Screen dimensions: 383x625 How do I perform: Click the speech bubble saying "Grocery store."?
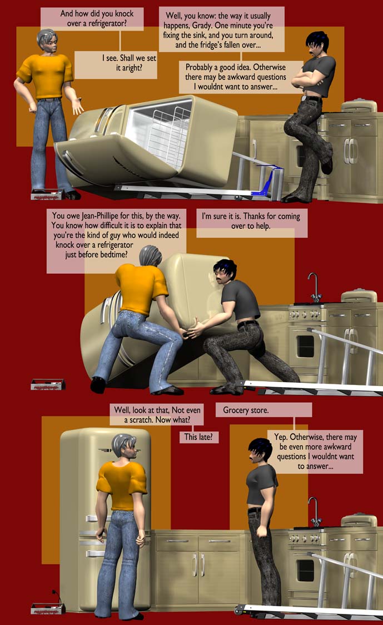(263, 410)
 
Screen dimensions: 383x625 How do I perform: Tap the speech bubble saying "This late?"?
(198, 437)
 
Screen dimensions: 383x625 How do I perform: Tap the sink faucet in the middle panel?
(315, 288)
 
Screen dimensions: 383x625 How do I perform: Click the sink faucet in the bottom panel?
(315, 512)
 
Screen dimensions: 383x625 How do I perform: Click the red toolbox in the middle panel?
(47, 384)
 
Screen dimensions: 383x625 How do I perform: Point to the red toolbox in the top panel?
(47, 194)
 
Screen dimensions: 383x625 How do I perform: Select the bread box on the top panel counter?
(359, 106)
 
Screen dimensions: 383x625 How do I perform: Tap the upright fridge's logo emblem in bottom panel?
(107, 451)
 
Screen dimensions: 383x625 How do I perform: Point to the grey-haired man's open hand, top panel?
(77, 106)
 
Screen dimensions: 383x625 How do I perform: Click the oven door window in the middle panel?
(305, 346)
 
